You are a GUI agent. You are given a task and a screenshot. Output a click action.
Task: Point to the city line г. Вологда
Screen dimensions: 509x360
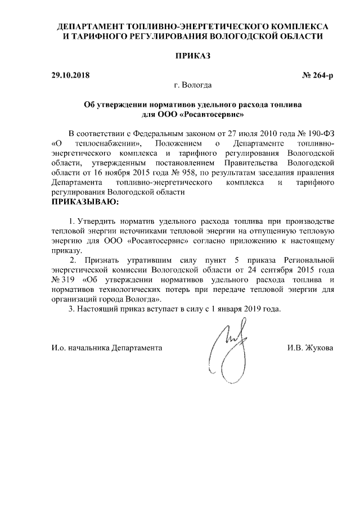click(x=193, y=85)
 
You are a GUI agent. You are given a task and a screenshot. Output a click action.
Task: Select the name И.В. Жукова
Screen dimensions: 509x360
click(x=310, y=348)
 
